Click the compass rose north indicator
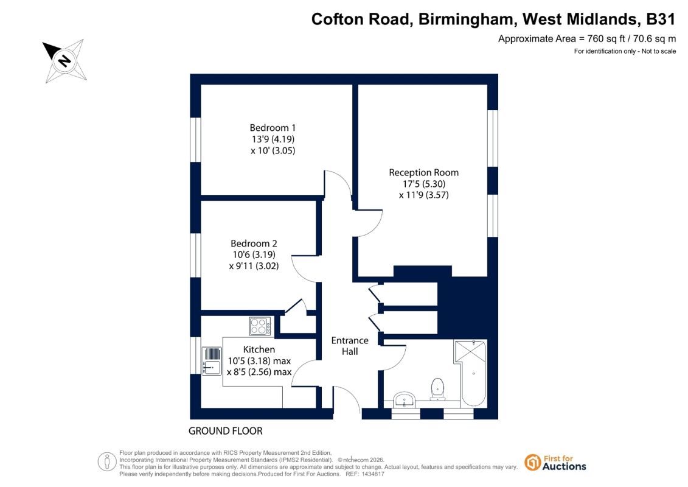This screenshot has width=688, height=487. [64, 60]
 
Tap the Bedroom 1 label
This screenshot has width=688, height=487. [273, 128]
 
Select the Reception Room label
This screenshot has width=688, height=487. [424, 172]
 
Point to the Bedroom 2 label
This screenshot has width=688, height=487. [254, 243]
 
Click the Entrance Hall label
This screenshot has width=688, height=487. [350, 346]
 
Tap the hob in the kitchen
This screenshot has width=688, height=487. [260, 326]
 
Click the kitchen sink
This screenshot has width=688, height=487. [212, 361]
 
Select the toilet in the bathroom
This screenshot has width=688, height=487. [437, 390]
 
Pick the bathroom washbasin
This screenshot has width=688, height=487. [404, 400]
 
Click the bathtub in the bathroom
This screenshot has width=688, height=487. [470, 373]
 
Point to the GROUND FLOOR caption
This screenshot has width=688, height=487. [226, 431]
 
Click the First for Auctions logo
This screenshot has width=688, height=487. [555, 463]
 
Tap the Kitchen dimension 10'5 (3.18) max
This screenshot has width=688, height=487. [259, 361]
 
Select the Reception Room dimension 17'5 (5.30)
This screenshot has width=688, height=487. [424, 184]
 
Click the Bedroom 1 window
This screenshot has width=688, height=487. [196, 139]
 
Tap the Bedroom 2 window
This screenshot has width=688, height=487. [196, 255]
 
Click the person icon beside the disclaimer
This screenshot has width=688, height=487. [107, 462]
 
